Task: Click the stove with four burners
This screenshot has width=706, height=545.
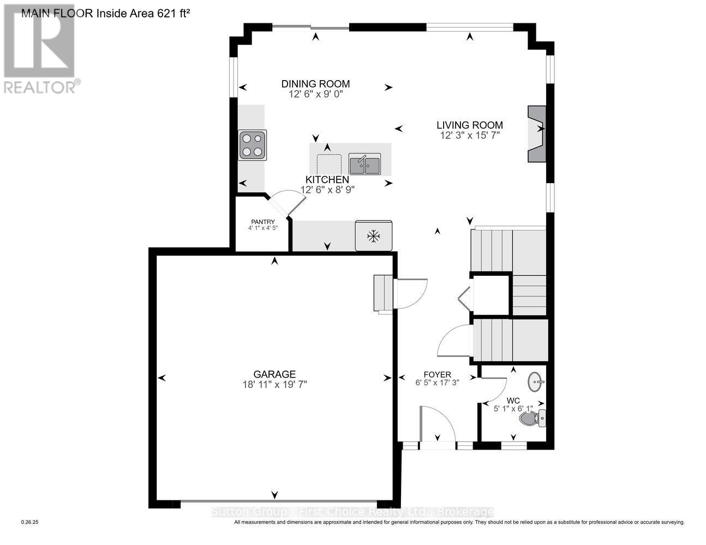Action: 252,145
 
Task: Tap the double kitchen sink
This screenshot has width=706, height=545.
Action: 365,164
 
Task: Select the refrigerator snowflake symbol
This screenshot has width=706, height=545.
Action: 373,236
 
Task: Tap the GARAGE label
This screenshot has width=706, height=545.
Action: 274,374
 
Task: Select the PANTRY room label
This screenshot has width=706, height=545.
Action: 262,221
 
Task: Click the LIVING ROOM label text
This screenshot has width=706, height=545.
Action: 469,125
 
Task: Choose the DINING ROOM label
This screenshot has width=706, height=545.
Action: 315,83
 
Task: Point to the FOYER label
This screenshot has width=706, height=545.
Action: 437,374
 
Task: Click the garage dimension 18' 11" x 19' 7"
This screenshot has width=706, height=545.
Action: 274,384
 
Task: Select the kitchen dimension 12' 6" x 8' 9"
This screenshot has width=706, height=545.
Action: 327,190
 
